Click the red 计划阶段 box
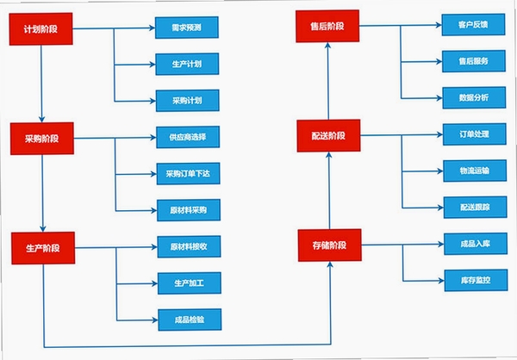(40, 29)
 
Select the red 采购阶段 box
(42, 139)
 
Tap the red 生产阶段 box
(43, 248)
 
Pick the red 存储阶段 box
(330, 245)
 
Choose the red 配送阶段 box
(329, 136)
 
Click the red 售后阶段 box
(327, 26)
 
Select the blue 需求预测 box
(187, 28)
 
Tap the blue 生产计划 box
(187, 64)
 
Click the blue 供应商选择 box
(188, 137)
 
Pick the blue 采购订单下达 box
(188, 174)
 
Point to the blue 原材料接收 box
(189, 246)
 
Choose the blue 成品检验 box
(190, 320)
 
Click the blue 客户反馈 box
(473, 25)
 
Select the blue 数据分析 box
(474, 97)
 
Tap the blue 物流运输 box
(475, 171)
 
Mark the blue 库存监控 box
(476, 280)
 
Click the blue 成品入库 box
(476, 244)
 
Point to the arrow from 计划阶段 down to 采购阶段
(41, 84)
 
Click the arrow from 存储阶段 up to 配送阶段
(329, 190)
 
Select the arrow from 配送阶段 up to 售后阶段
(328, 81)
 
